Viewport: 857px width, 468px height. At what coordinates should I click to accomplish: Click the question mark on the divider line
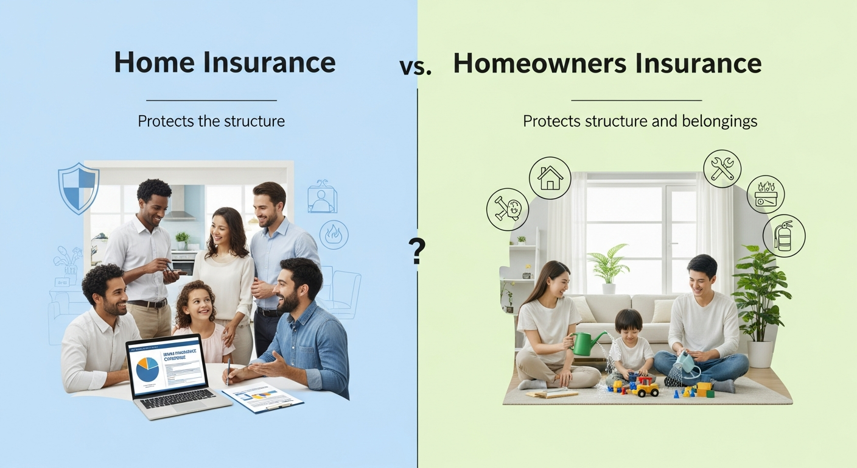417,250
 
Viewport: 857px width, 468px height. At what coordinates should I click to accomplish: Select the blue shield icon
79,187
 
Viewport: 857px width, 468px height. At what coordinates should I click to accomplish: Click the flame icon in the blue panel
334,235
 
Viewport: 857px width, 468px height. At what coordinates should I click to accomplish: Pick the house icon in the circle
550,178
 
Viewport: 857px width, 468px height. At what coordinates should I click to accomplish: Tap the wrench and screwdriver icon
722,168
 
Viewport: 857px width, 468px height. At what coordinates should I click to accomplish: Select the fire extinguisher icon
784,235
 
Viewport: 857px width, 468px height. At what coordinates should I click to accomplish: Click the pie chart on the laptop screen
147,369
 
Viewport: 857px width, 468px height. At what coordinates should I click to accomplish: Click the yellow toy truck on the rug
646,388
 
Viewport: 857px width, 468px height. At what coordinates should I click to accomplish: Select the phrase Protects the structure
211,121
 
